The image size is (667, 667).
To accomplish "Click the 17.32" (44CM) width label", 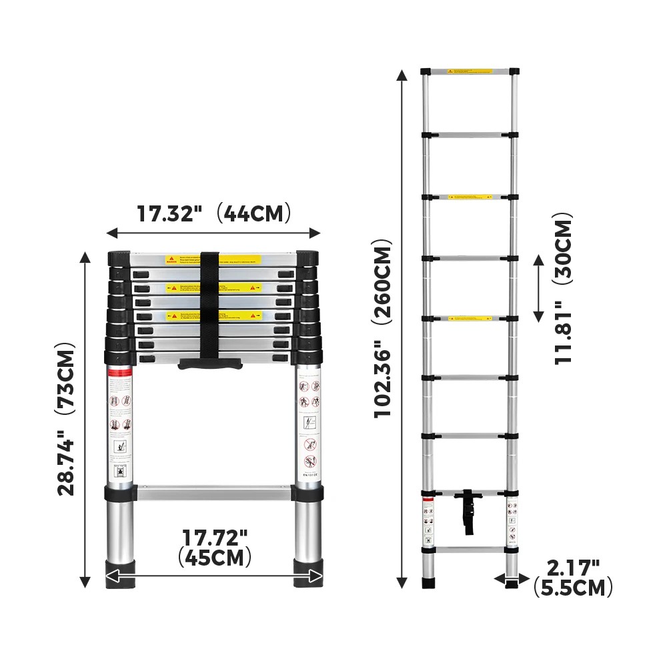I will tap(214, 213).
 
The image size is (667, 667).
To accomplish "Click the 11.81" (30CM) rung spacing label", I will tap(564, 288).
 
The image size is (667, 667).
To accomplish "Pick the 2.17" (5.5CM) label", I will tap(572, 578).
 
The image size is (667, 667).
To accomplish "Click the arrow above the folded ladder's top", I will tap(213, 233).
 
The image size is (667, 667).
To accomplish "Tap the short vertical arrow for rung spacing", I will tap(539, 288).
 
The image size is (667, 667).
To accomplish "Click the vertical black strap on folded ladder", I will tap(209, 307).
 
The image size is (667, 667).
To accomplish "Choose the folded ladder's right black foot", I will tap(308, 575).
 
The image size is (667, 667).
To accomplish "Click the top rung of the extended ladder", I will tap(470, 71).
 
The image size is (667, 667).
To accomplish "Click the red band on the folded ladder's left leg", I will tap(120, 372).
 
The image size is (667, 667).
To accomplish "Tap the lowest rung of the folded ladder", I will tap(214, 492).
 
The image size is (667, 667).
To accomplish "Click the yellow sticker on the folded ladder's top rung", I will tap(239, 259).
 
